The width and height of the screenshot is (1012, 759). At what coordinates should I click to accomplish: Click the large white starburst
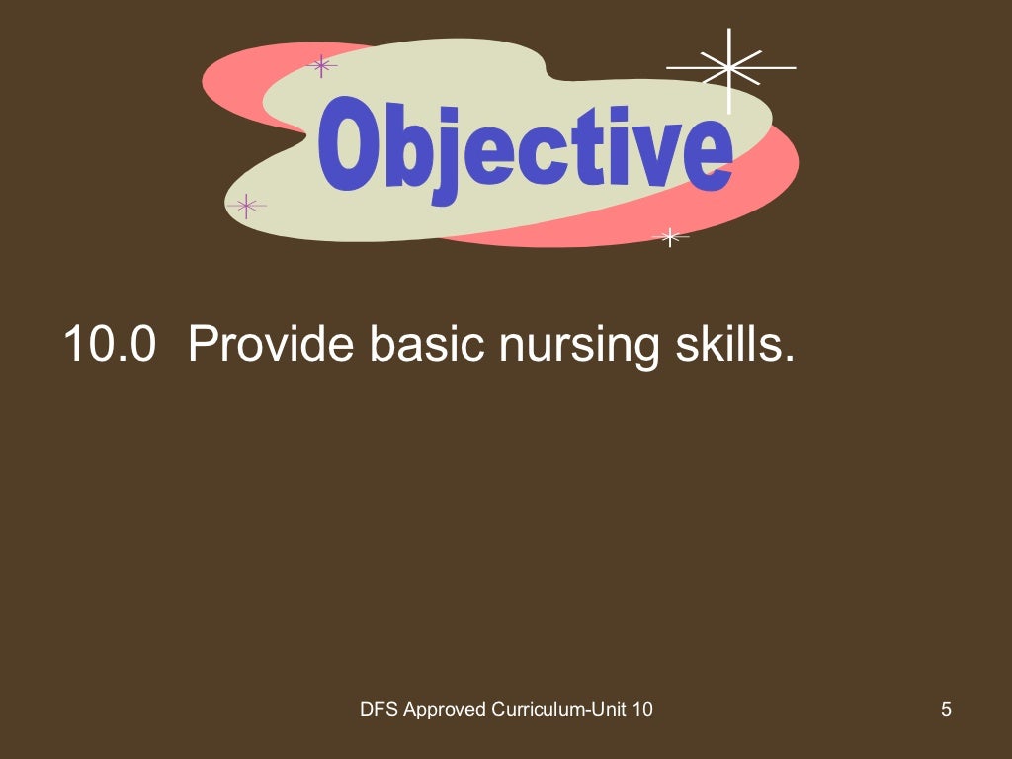730,67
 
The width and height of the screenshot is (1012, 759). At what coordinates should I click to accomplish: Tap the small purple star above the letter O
320,66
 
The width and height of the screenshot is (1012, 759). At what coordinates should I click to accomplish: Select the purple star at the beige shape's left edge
246,206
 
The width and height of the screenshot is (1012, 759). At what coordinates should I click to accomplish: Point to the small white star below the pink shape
671,236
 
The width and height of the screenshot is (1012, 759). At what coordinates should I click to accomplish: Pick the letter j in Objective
450,158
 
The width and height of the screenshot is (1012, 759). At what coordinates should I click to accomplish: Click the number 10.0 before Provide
110,344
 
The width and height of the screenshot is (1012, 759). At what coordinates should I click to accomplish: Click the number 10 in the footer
641,708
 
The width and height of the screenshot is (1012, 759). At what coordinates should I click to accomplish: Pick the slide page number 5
946,708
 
